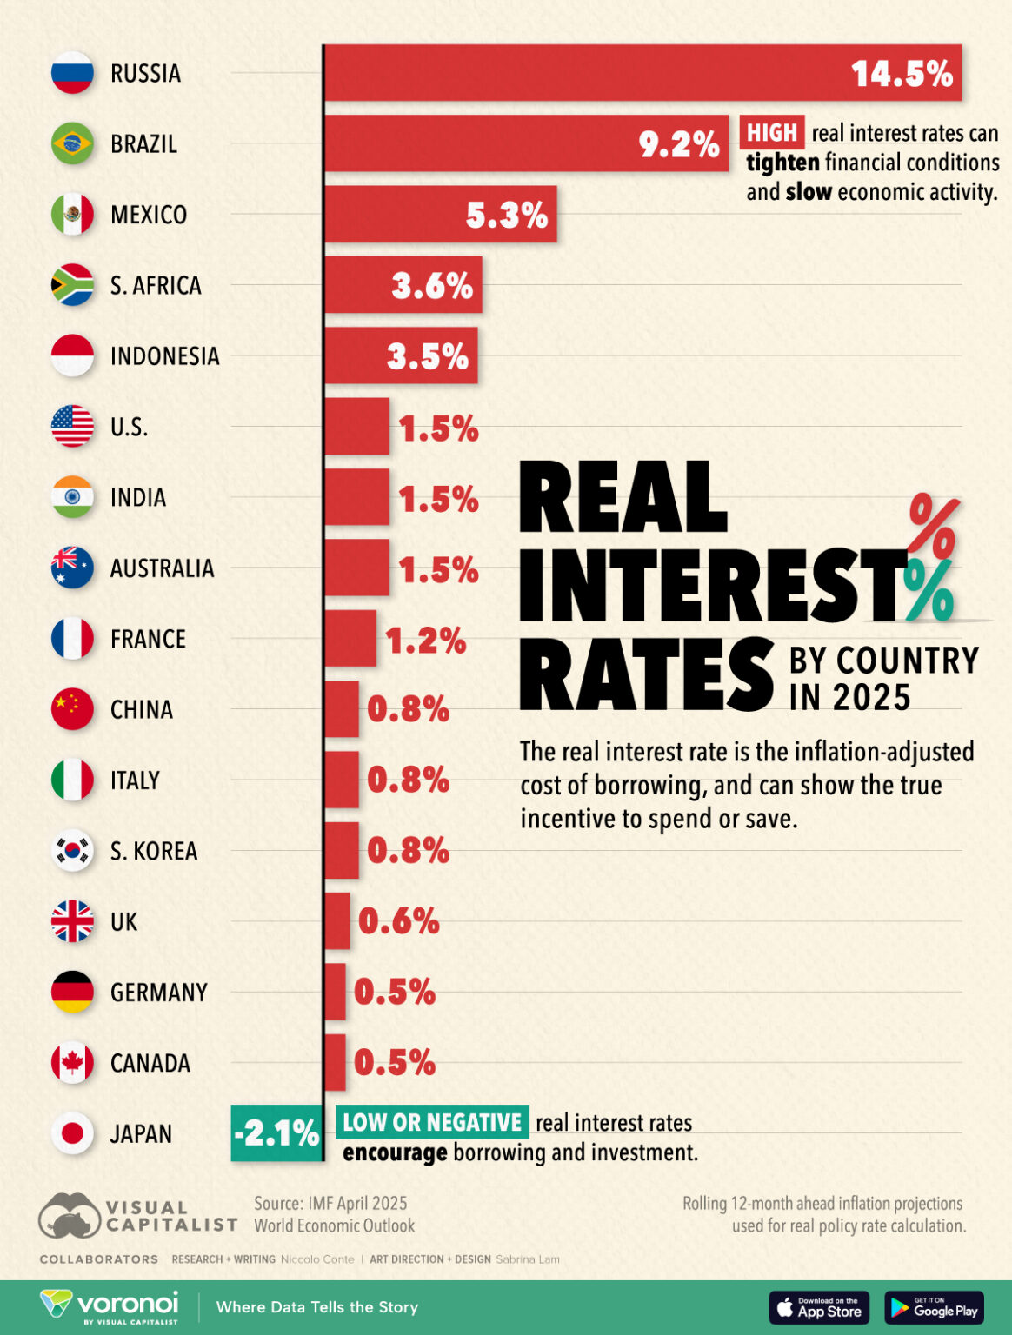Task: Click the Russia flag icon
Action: [72, 73]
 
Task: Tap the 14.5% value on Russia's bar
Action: [902, 74]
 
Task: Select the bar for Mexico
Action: [440, 214]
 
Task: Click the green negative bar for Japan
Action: [276, 1133]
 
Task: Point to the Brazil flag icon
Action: [72, 143]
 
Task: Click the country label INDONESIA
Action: [164, 356]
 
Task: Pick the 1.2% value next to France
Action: [425, 641]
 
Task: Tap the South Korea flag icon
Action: [72, 850]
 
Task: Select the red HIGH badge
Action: [771, 133]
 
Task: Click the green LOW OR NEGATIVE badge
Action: [431, 1122]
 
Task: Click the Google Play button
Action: [934, 1307]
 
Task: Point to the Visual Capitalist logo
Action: [137, 1216]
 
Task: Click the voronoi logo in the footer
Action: [110, 1306]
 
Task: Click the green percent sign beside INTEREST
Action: [929, 591]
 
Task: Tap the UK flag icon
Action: [72, 921]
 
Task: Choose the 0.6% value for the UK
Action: [398, 921]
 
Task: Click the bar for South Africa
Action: [403, 285]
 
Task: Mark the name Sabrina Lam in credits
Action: [528, 1259]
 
